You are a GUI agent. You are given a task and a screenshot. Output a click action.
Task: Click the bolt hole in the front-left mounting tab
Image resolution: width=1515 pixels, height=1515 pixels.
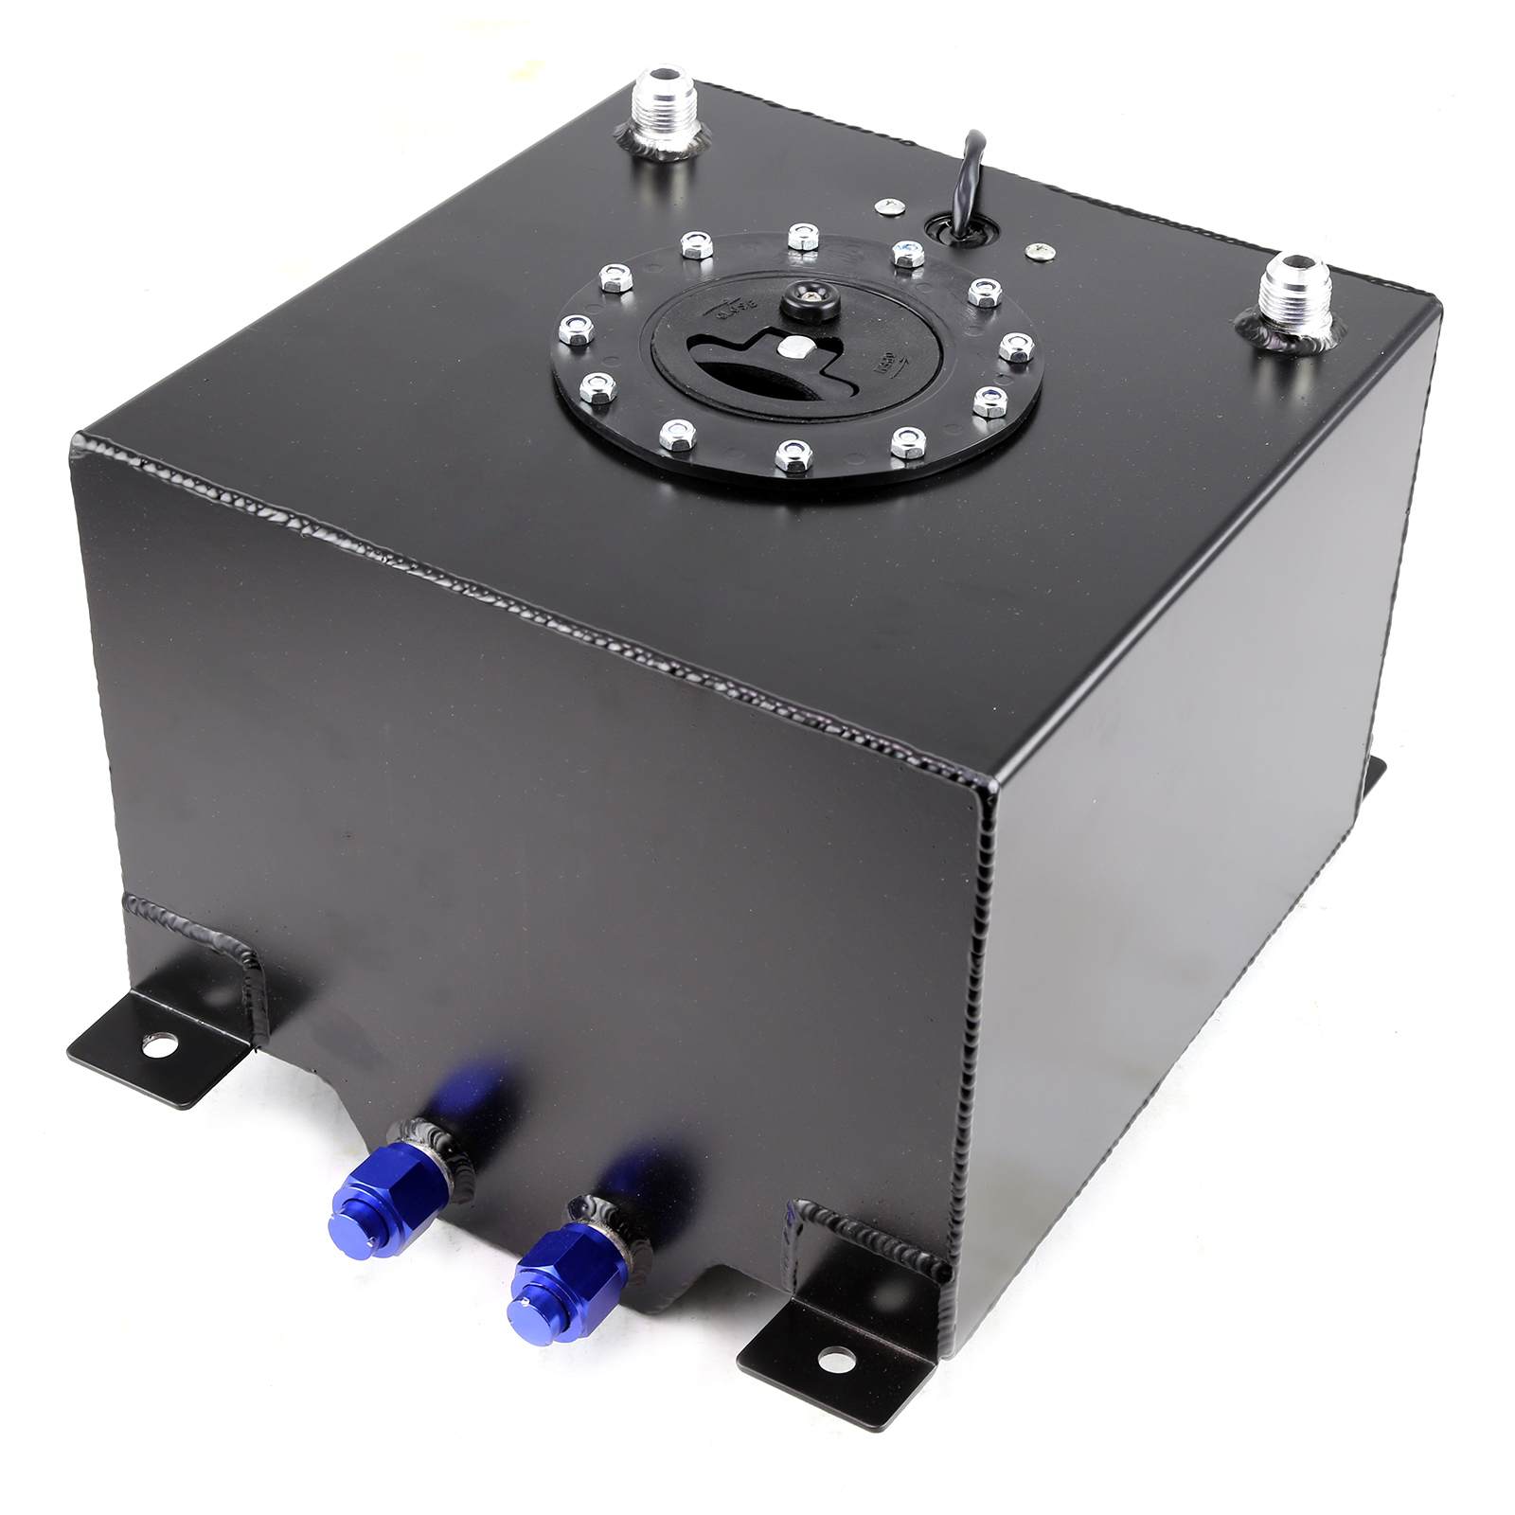151,1045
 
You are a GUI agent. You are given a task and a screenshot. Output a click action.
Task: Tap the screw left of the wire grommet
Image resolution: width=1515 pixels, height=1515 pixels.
889,206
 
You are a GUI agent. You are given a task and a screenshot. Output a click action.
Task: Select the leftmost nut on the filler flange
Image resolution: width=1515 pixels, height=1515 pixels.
574,330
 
